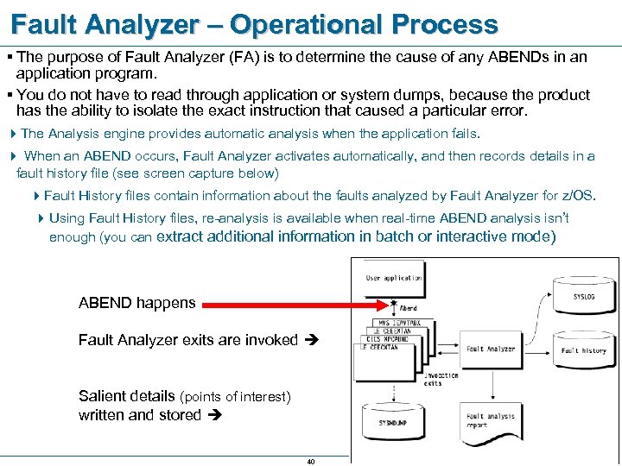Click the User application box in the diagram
coord(394,279)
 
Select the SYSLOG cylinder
coord(583,295)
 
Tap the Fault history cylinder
coord(583,349)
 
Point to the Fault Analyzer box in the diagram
coord(490,349)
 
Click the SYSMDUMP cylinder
coord(394,422)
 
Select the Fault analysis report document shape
coord(490,420)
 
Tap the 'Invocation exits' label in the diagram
coord(441,379)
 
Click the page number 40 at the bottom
coord(311,461)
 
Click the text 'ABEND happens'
coord(136,303)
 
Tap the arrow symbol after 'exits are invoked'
coord(312,340)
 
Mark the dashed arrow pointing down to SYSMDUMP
coord(394,390)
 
